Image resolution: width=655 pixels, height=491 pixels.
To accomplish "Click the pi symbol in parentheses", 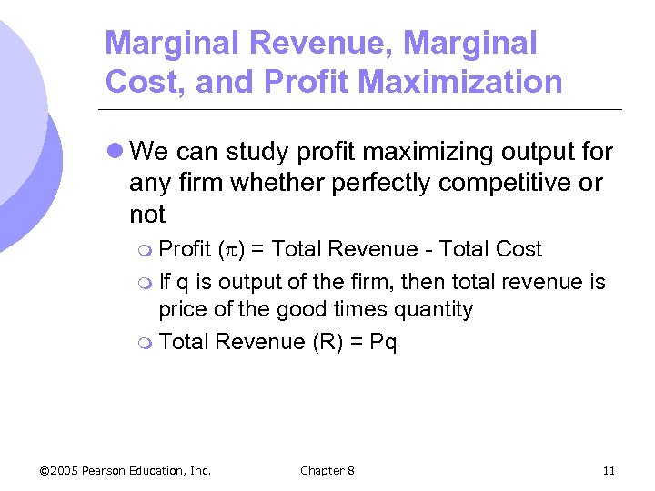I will coord(227,250).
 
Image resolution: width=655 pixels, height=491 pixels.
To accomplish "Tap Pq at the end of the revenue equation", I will coord(384,342).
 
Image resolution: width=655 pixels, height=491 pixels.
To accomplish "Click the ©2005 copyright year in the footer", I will coord(59,470).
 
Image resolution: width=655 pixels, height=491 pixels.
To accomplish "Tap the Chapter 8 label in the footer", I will coord(327,470).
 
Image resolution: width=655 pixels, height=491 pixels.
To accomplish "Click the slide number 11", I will coord(609,470).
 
